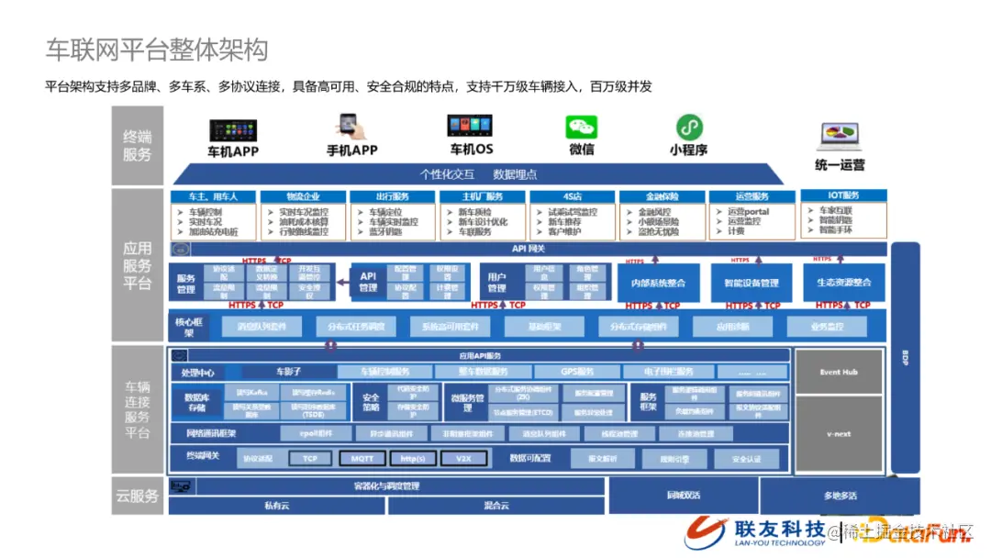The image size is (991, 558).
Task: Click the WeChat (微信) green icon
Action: click(580, 127)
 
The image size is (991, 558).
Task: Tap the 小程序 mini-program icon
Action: click(689, 127)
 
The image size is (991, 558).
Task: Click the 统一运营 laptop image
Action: click(840, 137)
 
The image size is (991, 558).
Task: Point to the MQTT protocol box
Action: click(362, 458)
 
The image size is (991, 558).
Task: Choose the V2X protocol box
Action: click(463, 458)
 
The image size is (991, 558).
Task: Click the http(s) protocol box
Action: click(413, 458)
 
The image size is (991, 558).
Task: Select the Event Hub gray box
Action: click(839, 372)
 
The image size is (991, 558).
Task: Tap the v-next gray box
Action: click(839, 433)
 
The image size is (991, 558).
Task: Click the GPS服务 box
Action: click(577, 372)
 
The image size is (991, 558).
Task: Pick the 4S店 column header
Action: click(572, 196)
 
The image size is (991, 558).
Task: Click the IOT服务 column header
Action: click(843, 195)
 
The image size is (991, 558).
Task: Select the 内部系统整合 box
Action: click(658, 283)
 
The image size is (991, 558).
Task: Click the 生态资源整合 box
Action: click(843, 283)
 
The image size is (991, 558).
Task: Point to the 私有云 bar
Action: click(276, 506)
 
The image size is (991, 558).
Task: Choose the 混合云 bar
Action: click(495, 506)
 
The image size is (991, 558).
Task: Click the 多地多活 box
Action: click(840, 496)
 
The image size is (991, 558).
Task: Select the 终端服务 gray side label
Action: click(138, 146)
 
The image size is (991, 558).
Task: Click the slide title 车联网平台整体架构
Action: click(157, 50)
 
